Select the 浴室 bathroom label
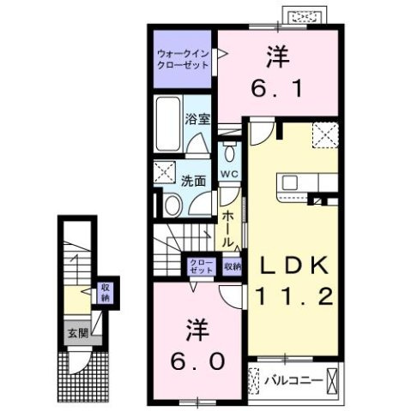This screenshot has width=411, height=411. (x=197, y=120)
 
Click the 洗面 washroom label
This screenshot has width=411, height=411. (x=192, y=181)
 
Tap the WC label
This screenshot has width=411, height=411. (x=228, y=175)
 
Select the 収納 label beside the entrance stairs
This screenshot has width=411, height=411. (x=105, y=292)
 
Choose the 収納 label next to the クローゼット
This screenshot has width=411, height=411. (x=233, y=265)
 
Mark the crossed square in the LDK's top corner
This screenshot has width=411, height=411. (x=323, y=136)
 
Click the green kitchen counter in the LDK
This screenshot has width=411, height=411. (x=305, y=182)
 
